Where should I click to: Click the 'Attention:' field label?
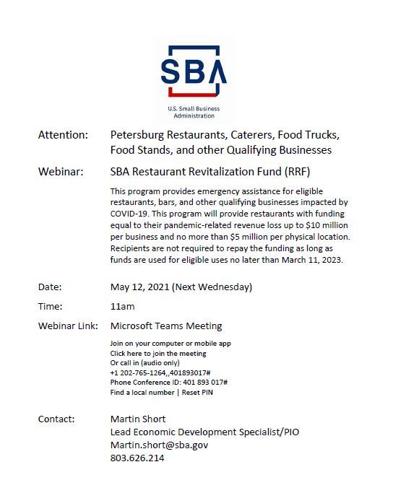tap(63, 135)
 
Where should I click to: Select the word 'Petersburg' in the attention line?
tap(137, 135)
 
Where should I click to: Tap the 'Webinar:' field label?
tap(61, 172)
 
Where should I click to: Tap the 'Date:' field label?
tap(50, 287)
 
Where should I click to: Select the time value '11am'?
tap(122, 306)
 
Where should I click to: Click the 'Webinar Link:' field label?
tap(68, 326)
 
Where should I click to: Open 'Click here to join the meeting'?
tap(158, 353)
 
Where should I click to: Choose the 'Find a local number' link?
tap(142, 393)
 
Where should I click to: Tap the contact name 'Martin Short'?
tap(139, 419)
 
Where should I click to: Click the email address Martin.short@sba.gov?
tap(160, 445)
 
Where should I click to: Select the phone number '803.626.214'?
tap(137, 458)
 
